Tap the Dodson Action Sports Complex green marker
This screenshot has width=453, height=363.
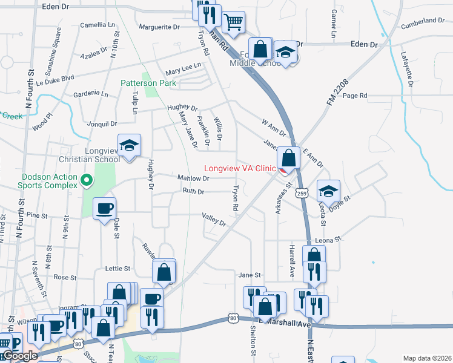pyautogui.click(x=87, y=180)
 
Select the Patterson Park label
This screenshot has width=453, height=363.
pyautogui.click(x=148, y=83)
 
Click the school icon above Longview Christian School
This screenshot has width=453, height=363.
pyautogui.click(x=129, y=145)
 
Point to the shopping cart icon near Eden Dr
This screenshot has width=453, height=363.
pyautogui.click(x=233, y=22)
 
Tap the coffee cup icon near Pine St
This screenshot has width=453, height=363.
pyautogui.click(x=104, y=208)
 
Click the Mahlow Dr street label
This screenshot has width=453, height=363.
pyautogui.click(x=193, y=178)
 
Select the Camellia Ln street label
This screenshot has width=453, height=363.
pyautogui.click(x=98, y=25)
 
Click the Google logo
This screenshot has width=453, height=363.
pyautogui.click(x=19, y=356)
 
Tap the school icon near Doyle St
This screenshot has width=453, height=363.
pyautogui.click(x=328, y=191)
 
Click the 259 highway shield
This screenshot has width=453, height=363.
pyautogui.click(x=301, y=193)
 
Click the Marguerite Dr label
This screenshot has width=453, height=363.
pyautogui.click(x=159, y=27)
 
